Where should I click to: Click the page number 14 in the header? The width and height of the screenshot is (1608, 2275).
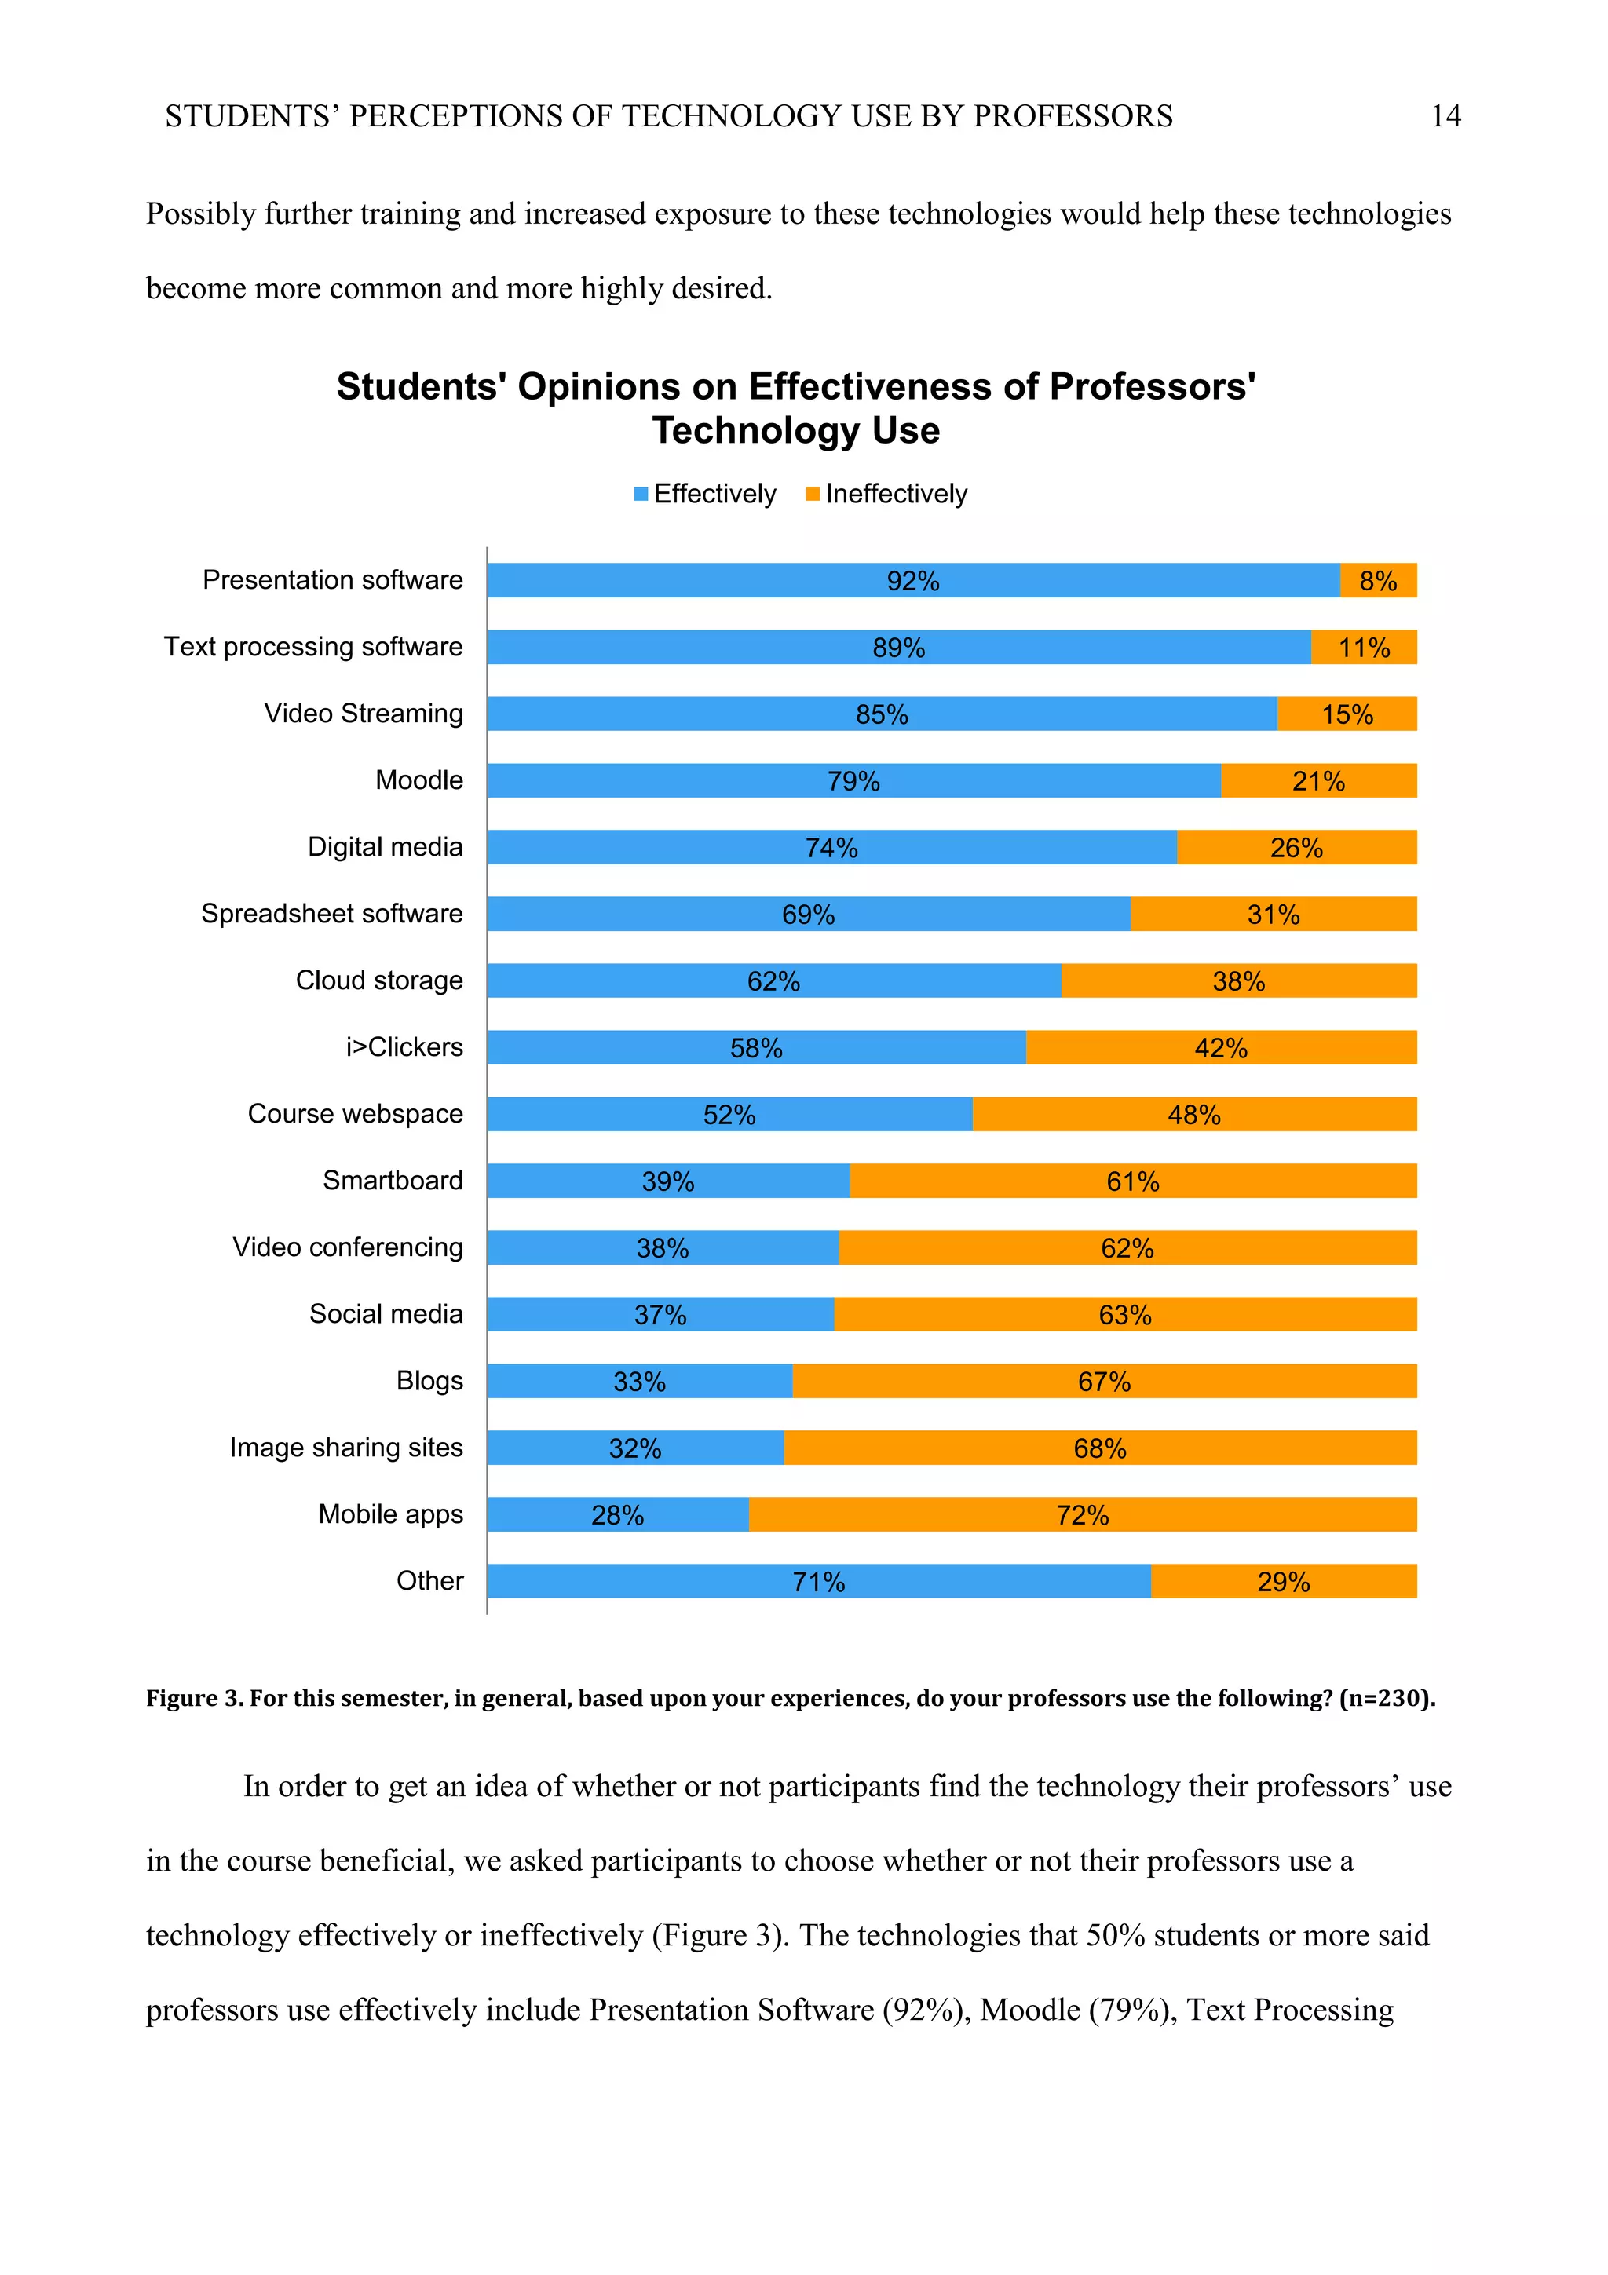click(x=1445, y=116)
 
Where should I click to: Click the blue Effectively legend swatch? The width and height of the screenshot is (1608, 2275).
click(x=641, y=494)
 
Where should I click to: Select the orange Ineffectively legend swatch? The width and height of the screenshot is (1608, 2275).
click(x=813, y=494)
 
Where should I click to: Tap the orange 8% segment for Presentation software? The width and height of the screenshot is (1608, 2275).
click(x=1377, y=581)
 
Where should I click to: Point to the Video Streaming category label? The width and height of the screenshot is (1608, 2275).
click(x=363, y=714)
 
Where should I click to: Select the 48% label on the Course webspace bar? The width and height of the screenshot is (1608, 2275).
click(x=1194, y=1115)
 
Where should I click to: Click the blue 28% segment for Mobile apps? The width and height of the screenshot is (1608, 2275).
click(x=616, y=1515)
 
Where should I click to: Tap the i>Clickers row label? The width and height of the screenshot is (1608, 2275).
click(x=404, y=1047)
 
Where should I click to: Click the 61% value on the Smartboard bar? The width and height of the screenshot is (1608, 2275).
click(x=1132, y=1181)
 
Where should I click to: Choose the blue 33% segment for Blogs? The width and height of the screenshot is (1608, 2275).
click(x=639, y=1382)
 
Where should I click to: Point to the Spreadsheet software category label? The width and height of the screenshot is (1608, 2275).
click(x=332, y=914)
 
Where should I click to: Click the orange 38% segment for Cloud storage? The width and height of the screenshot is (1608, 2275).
click(x=1238, y=981)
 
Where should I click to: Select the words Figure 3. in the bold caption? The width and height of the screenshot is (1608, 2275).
click(x=194, y=1698)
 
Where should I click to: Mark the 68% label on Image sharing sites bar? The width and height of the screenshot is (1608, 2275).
click(x=1100, y=1448)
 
